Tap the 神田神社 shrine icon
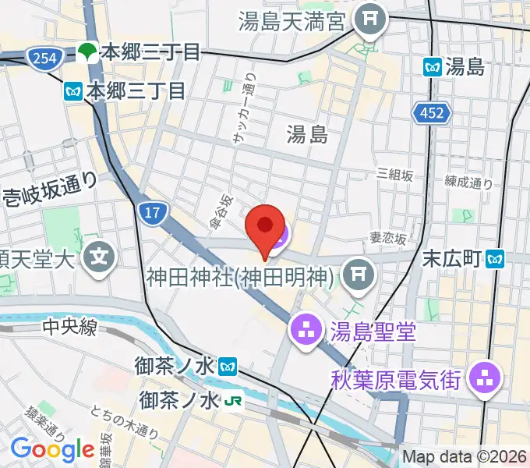coord(358,274)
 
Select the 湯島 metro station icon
coord(433,67)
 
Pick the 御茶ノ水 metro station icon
coord(228,364)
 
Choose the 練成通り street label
coord(468,183)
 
